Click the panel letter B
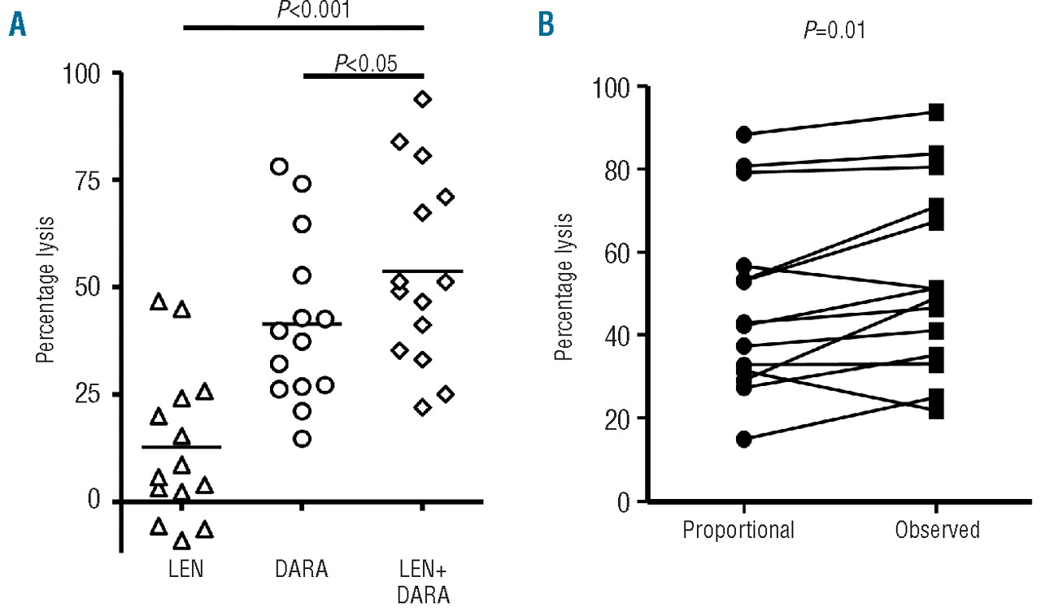coord(546,26)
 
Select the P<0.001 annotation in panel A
coord(304,11)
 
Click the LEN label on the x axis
coord(181,569)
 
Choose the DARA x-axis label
coord(302,569)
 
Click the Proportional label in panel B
coord(738,531)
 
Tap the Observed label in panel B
coord(937,531)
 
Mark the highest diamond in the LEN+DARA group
coord(422,99)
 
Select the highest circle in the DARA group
coord(279,167)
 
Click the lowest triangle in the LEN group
coord(182,541)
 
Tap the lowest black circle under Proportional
coord(743,440)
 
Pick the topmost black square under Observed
coord(937,112)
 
